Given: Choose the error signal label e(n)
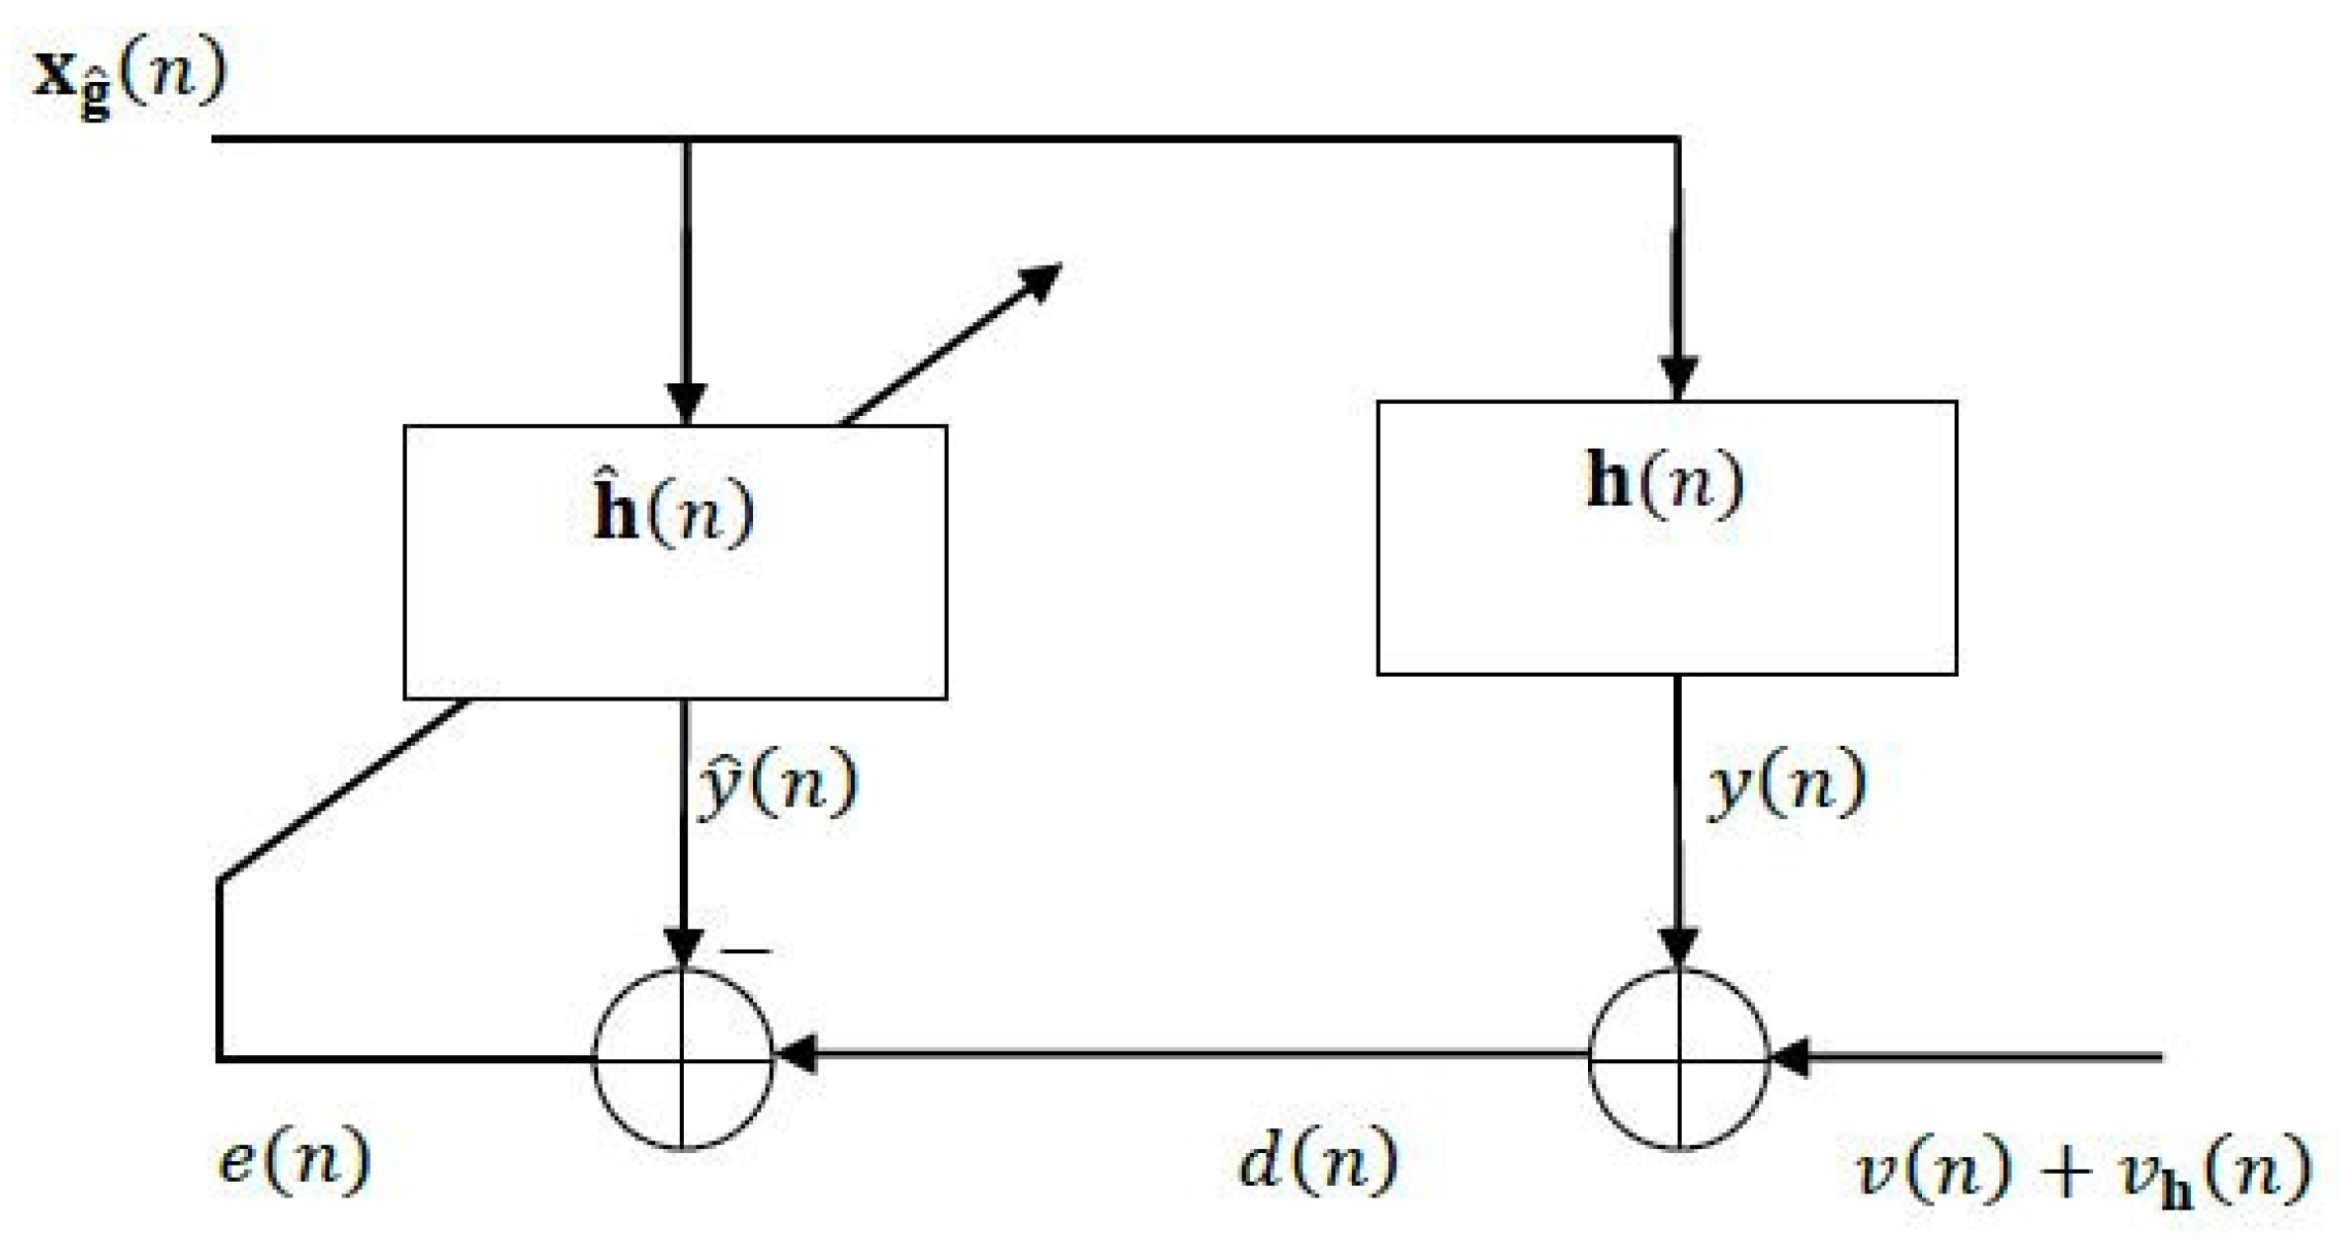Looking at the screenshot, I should pos(293,1160).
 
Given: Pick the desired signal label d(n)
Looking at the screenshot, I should pos(1317,1160).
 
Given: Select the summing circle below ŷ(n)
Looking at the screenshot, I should pos(683,1058).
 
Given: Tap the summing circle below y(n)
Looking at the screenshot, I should pos(1678,1058).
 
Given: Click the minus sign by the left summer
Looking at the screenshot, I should pos(745,951).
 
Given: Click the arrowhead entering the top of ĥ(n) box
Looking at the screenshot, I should pos(686,404).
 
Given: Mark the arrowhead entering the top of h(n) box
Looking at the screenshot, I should pos(1678,379).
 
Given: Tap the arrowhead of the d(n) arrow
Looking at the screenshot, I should pos(796,1055).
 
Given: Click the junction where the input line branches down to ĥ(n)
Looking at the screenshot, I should pos(686,139).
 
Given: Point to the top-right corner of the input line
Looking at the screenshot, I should pos(1677,139).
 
